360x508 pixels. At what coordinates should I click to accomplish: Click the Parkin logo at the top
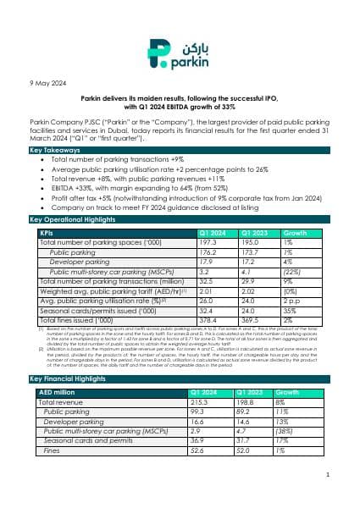point(180,52)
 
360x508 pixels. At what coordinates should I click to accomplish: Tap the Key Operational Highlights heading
point(69,220)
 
